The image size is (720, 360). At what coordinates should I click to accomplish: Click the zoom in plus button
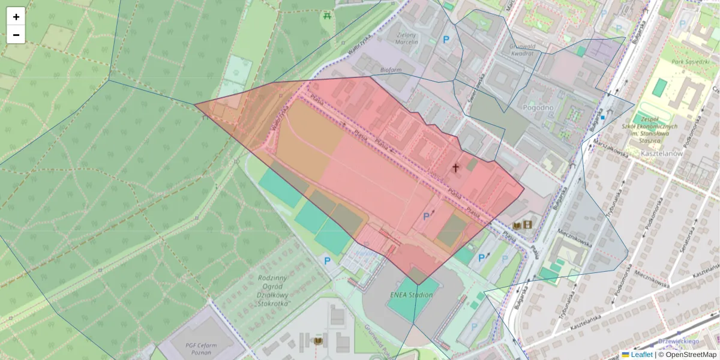click(16, 17)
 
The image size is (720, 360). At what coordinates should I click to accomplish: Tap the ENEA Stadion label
click(411, 295)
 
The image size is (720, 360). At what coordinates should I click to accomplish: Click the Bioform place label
click(391, 70)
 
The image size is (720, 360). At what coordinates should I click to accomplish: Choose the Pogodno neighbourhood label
click(538, 107)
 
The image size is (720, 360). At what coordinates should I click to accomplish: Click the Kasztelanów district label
click(662, 154)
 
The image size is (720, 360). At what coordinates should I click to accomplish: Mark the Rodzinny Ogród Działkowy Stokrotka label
click(273, 291)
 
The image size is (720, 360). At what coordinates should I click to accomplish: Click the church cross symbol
click(455, 168)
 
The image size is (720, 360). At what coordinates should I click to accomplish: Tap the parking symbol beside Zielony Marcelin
click(446, 40)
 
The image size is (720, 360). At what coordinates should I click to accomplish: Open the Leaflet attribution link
click(641, 355)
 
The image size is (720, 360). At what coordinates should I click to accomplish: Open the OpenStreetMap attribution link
click(691, 355)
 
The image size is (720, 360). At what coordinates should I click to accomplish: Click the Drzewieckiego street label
click(679, 341)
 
